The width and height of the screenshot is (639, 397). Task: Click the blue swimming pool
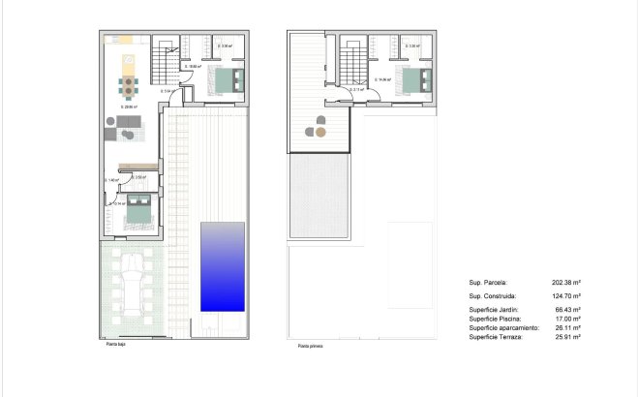click(223, 266)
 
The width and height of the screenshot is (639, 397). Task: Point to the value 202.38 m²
click(567, 283)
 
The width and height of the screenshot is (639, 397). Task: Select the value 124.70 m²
click(567, 295)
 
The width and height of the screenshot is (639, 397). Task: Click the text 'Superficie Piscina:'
click(495, 319)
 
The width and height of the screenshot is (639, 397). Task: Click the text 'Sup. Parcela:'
click(489, 283)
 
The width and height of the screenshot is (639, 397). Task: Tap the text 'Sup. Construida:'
click(492, 295)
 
